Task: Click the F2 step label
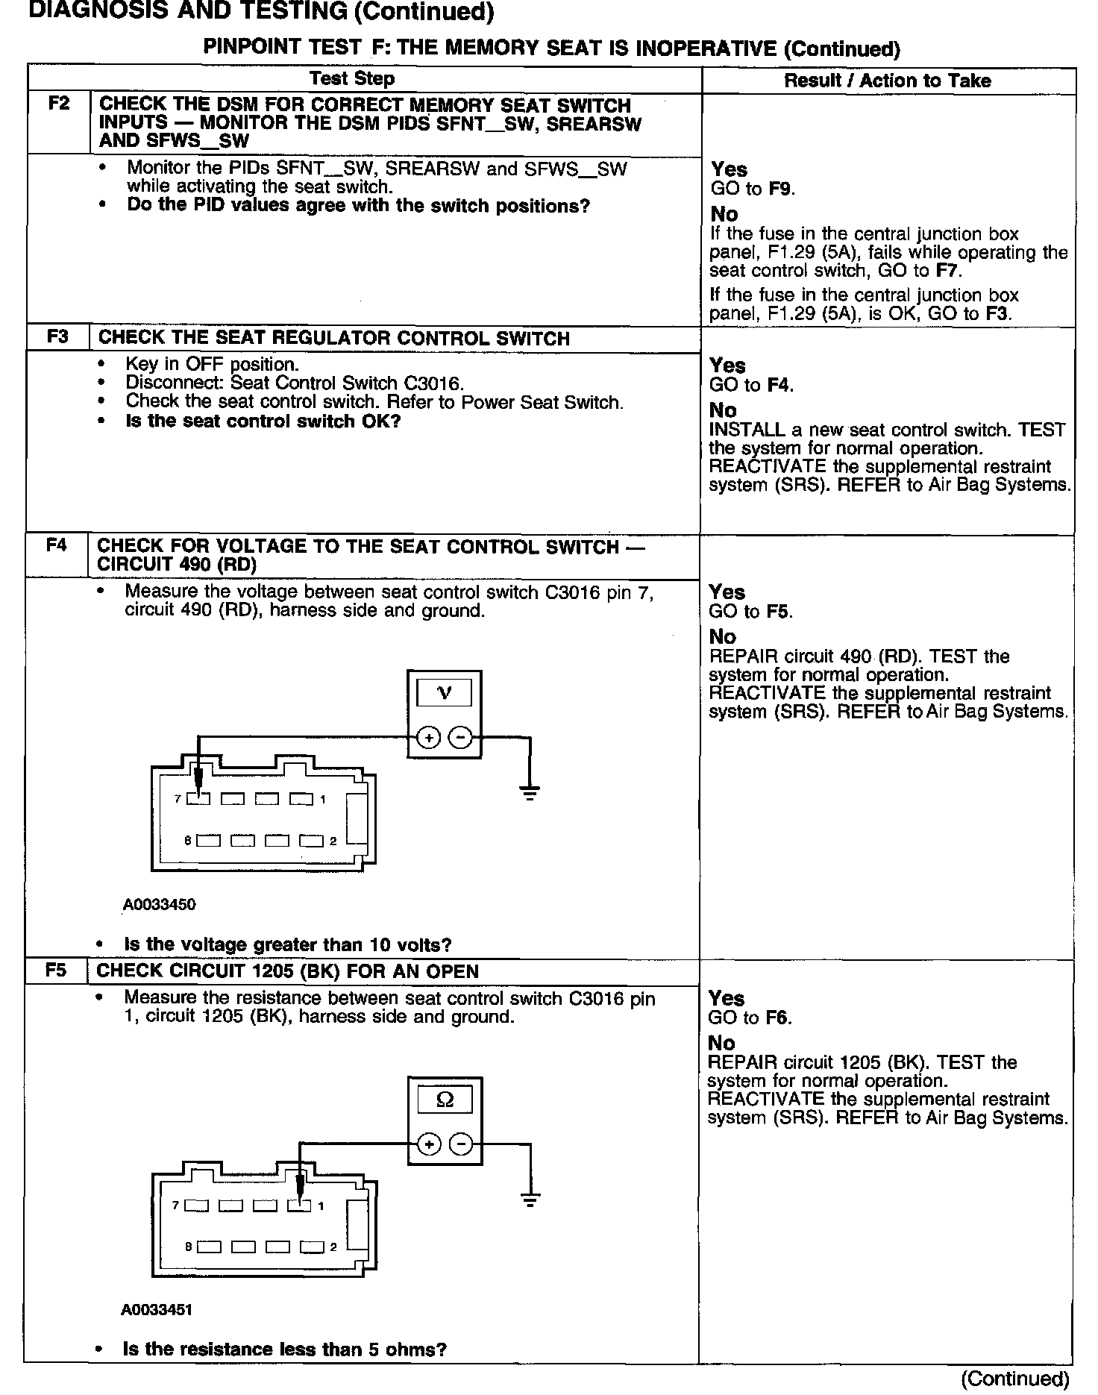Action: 58,104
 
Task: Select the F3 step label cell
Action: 57,337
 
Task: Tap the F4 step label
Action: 57,546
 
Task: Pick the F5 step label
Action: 56,971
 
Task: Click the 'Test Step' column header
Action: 352,79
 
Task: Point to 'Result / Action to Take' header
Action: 887,81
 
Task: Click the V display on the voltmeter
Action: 444,693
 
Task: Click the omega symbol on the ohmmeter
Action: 445,1100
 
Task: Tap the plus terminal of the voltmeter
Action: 428,738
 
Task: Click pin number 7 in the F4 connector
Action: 178,799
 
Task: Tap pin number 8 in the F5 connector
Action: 189,1247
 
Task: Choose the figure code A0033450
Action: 160,905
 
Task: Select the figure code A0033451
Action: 157,1311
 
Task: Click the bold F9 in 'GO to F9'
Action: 780,189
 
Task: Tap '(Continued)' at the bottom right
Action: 1015,1378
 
